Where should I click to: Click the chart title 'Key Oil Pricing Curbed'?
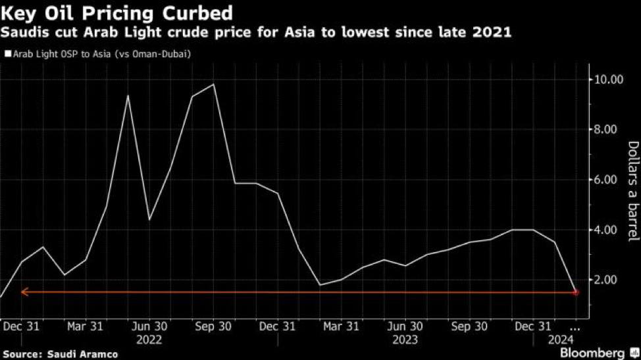pyautogui.click(x=116, y=13)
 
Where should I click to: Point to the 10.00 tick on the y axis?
pyautogui.click(x=609, y=80)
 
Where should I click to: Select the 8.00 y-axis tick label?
pyautogui.click(x=609, y=130)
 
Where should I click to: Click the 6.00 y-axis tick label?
pyautogui.click(x=609, y=180)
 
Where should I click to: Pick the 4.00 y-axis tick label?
pyautogui.click(x=609, y=230)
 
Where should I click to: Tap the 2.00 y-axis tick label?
pyautogui.click(x=609, y=280)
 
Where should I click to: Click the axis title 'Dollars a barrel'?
pyautogui.click(x=632, y=191)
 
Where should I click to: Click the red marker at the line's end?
pyautogui.click(x=576, y=292)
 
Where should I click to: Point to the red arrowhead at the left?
pyautogui.click(x=24, y=292)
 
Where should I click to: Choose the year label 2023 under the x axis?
pyautogui.click(x=405, y=340)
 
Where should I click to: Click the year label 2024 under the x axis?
pyautogui.click(x=561, y=340)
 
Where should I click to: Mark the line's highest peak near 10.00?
pyautogui.click(x=213, y=84)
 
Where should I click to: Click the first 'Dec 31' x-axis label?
pyautogui.click(x=21, y=326)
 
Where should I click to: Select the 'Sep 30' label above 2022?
pyautogui.click(x=213, y=326)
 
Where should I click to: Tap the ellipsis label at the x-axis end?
pyautogui.click(x=575, y=326)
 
